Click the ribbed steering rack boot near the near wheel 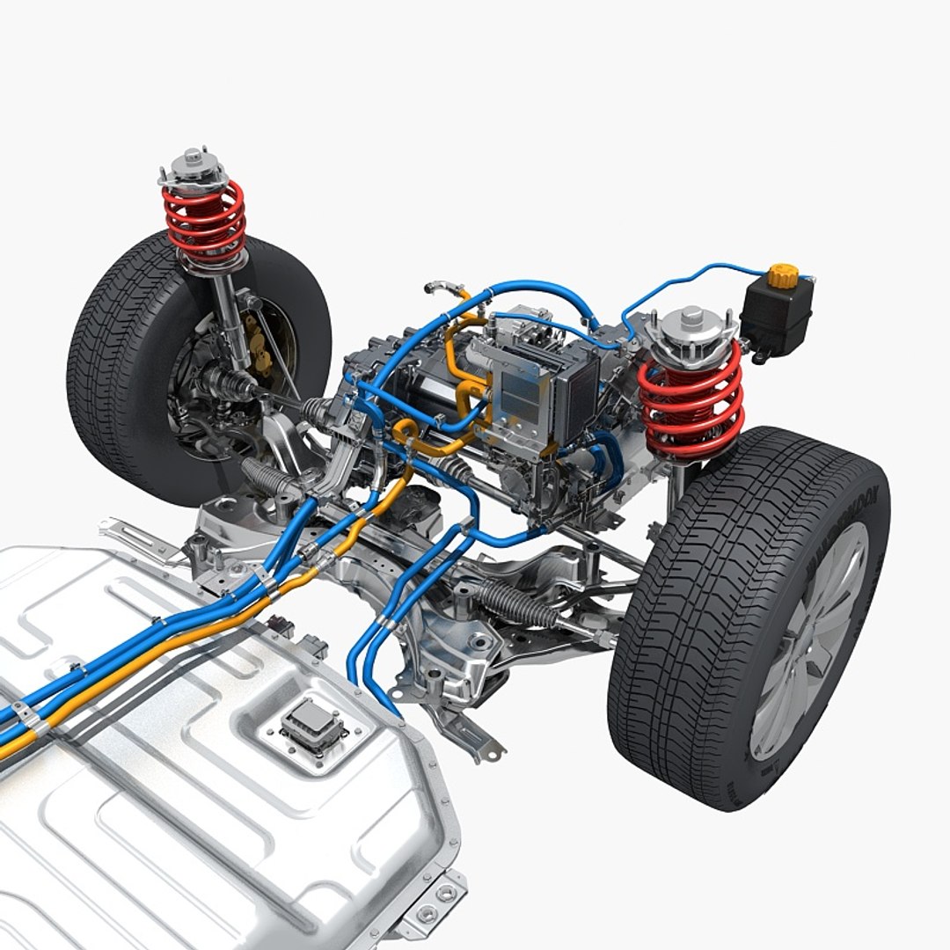(x=519, y=604)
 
